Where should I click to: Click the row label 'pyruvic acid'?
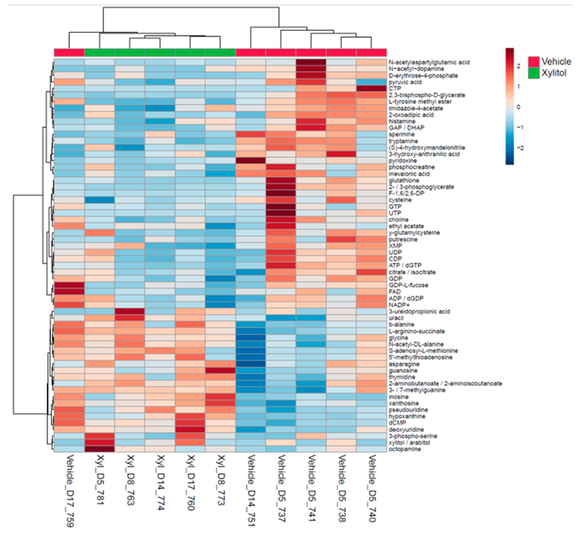pos(405,82)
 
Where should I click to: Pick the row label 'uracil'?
pos(396,318)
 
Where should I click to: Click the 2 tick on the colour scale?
pos(518,66)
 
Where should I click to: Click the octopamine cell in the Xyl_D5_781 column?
pos(100,449)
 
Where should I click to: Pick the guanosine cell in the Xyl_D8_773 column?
pos(220,370)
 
